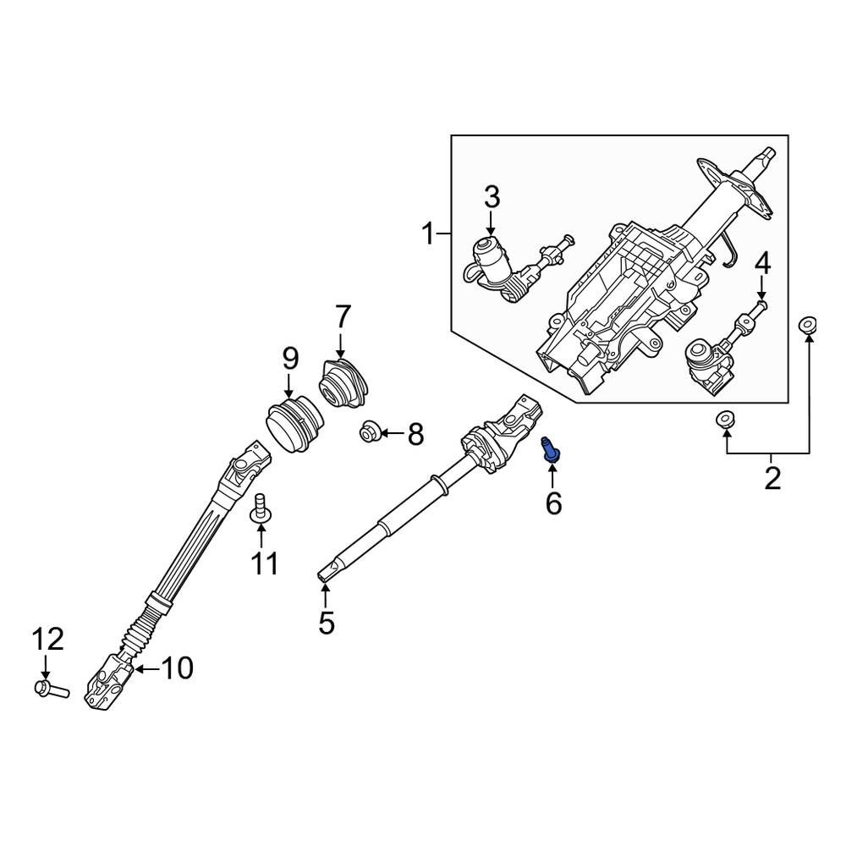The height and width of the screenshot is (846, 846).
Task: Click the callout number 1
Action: click(x=429, y=233)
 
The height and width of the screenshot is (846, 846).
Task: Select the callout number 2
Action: click(x=772, y=478)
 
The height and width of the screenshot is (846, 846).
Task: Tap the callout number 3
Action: click(x=492, y=198)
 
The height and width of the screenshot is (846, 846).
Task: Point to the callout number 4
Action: click(x=762, y=263)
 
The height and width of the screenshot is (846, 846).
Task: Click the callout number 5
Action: click(x=327, y=623)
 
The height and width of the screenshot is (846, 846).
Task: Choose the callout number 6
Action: click(x=553, y=503)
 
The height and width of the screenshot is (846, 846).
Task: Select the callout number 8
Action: click(x=415, y=435)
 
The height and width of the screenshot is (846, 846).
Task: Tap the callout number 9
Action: click(x=289, y=359)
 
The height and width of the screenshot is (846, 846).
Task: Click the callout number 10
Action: click(x=177, y=668)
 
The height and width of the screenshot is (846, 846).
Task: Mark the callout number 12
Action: click(x=47, y=639)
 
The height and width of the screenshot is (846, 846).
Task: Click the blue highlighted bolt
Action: click(x=551, y=448)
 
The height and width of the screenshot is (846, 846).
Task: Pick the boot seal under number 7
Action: click(x=344, y=387)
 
